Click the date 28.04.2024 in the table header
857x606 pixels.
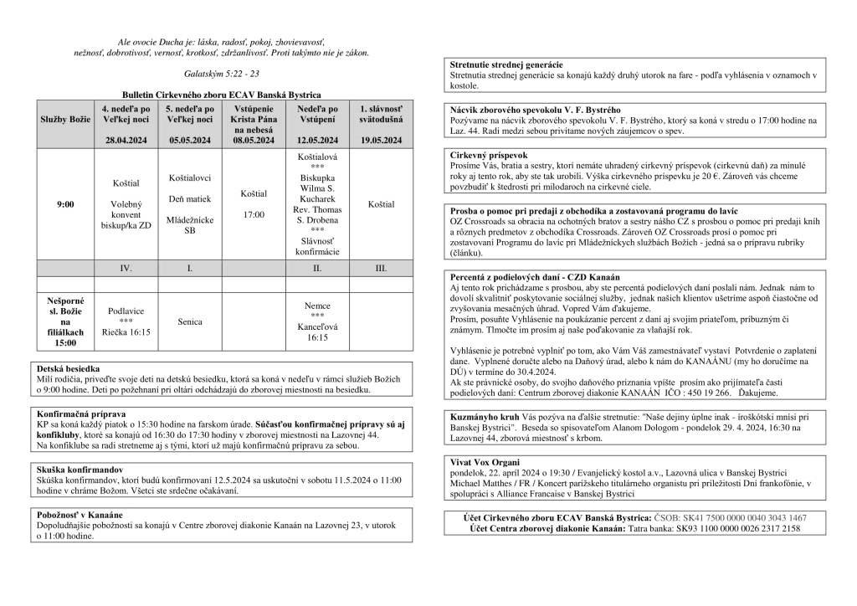126,141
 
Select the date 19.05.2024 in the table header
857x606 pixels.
380,141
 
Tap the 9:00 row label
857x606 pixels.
65,204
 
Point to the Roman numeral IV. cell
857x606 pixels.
126,268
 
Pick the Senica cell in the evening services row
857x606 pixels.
190,321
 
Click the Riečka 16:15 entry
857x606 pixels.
126,332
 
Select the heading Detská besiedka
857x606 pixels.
69,368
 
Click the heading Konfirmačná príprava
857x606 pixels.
81,413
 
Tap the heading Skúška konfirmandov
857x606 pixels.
82,470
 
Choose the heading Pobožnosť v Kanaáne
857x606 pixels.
80,514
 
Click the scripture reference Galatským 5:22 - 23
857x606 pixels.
222,74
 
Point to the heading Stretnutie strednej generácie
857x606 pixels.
505,64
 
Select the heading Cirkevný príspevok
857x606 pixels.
488,155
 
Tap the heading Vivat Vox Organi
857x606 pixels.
485,462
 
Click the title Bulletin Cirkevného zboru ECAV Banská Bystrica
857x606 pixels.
221,95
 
